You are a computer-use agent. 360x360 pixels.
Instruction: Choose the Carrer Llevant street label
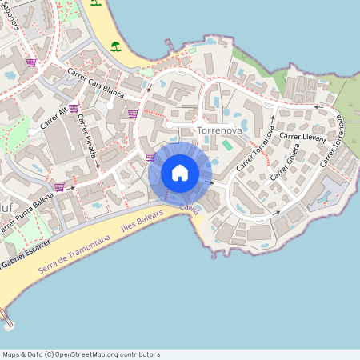coord(302,138)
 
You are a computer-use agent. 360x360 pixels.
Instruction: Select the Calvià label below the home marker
coord(189,207)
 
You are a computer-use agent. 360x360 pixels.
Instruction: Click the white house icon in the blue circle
coord(180,172)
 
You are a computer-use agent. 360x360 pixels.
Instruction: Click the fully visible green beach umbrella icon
coord(116,46)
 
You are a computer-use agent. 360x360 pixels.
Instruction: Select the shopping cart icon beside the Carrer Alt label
coord(73,108)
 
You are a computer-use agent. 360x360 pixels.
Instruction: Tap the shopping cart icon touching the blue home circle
coord(150,158)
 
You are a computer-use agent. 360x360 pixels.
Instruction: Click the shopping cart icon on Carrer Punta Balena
coord(58,187)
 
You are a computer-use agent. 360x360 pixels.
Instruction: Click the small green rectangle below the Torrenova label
coord(227,146)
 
